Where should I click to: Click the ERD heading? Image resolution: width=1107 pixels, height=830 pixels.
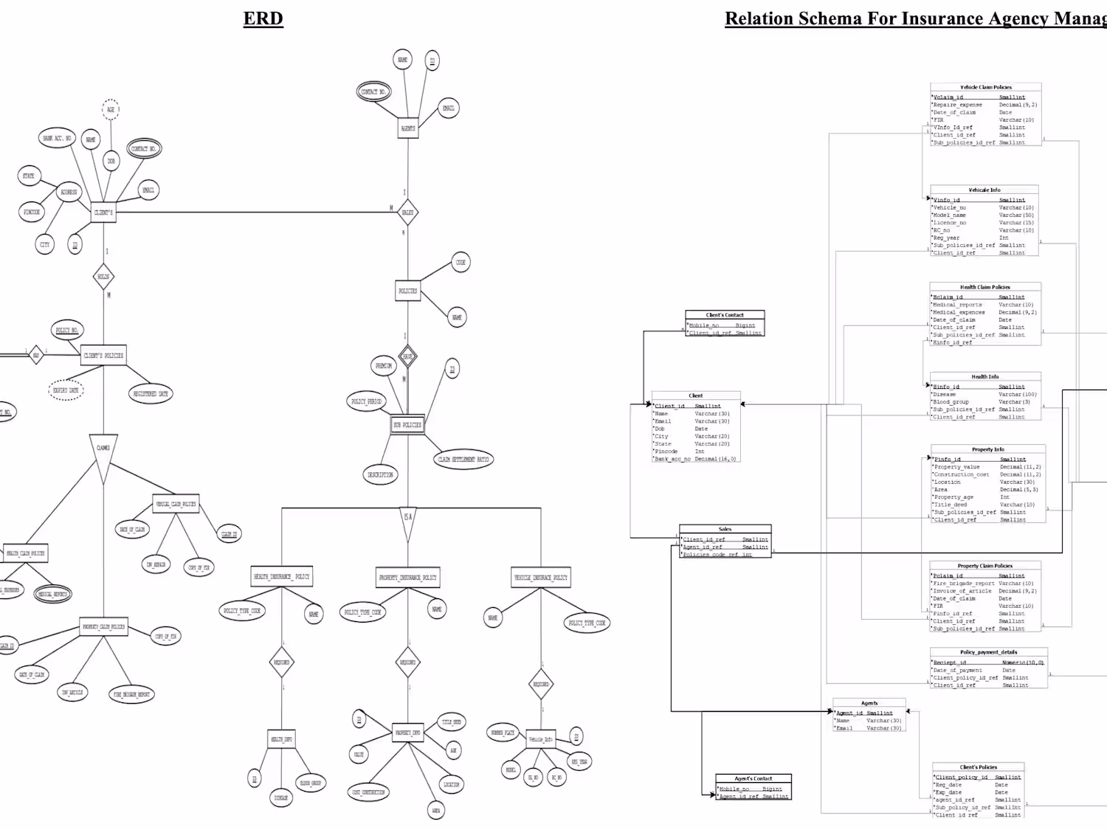tap(263, 18)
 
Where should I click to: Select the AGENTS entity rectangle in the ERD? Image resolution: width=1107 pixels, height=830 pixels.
tap(408, 128)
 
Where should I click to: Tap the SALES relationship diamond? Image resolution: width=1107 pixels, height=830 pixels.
tap(407, 212)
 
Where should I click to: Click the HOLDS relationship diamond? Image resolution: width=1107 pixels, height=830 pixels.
tap(104, 277)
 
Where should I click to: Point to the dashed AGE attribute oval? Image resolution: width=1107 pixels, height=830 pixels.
tap(111, 109)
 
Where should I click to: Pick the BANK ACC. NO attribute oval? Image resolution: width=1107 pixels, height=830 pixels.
tap(57, 138)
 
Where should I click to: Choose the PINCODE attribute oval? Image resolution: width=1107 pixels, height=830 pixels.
tap(32, 212)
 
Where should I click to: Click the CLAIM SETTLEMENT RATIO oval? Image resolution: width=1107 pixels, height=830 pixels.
tap(463, 459)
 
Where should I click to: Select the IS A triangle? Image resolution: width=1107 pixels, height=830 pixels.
tap(408, 518)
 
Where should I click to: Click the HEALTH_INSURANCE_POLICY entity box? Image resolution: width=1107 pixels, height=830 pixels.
tap(282, 577)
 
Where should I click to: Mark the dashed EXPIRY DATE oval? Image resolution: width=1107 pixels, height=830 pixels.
tap(66, 390)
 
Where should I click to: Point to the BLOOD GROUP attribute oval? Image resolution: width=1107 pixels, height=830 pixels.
tap(310, 783)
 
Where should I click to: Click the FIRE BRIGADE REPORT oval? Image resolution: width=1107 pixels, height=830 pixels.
tap(132, 694)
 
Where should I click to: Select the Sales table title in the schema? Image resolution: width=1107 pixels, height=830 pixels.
tap(725, 529)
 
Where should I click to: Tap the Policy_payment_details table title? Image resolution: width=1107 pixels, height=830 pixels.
tap(988, 652)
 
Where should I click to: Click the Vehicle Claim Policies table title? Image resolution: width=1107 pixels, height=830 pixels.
tap(985, 87)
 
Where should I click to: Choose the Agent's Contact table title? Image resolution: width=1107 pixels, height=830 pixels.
tap(753, 778)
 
